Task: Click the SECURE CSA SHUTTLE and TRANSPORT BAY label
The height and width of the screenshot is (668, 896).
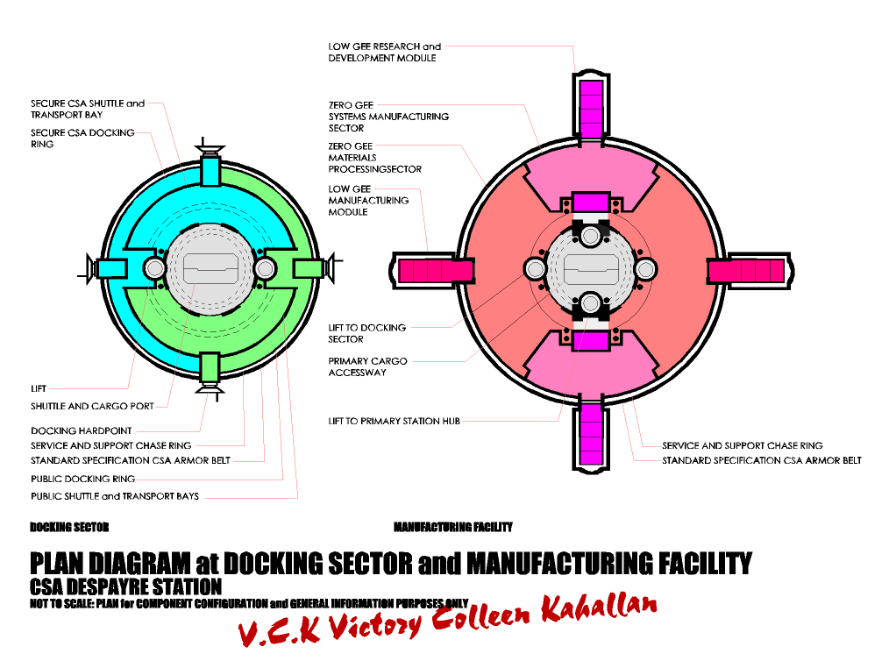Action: (x=87, y=109)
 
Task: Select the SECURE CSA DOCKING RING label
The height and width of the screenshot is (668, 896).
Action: (x=82, y=139)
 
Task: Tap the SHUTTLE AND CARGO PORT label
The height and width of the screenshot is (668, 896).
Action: (x=92, y=406)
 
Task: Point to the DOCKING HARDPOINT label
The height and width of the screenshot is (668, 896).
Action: (x=82, y=430)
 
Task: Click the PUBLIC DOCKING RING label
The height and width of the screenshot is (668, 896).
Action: (x=82, y=479)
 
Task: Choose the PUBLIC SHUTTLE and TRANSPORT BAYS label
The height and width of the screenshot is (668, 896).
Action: (x=114, y=496)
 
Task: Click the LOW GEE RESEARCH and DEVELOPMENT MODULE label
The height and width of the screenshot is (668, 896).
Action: (x=384, y=52)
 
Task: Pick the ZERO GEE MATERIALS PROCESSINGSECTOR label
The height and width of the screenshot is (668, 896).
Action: (x=374, y=158)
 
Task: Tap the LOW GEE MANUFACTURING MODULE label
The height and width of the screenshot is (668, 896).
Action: (x=368, y=200)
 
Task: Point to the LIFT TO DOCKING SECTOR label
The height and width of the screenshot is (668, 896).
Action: (x=366, y=333)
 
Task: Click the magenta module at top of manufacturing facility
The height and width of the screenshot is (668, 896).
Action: (x=591, y=107)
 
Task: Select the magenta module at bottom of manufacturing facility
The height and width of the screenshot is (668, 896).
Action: (x=591, y=435)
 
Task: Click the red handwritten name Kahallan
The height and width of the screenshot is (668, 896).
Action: (x=598, y=611)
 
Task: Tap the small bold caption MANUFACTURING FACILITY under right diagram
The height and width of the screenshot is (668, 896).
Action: (x=452, y=527)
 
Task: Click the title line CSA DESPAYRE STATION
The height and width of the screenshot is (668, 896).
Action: (x=125, y=586)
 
